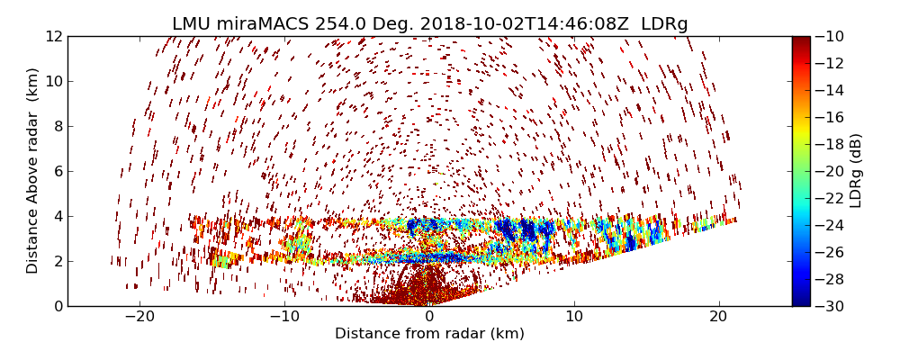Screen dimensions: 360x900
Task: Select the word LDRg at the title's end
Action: pyautogui.click(x=664, y=24)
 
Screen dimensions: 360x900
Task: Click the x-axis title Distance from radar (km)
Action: pyautogui.click(x=429, y=334)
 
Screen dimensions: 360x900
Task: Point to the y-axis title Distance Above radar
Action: pyautogui.click(x=33, y=170)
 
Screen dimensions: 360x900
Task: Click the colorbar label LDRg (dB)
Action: pyautogui.click(x=856, y=170)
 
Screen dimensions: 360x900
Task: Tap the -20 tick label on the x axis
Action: pyautogui.click(x=139, y=318)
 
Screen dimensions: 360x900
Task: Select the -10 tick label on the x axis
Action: pyautogui.click(x=284, y=318)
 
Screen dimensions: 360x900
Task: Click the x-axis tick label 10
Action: pyautogui.click(x=574, y=318)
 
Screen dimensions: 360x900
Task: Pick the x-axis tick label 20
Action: pyautogui.click(x=718, y=318)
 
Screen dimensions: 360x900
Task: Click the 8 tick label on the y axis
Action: pyautogui.click(x=56, y=126)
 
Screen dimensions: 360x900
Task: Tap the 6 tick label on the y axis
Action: pyautogui.click(x=56, y=171)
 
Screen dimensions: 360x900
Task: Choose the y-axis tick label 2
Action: pyautogui.click(x=56, y=261)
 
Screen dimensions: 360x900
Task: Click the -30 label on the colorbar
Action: pyautogui.click(x=830, y=306)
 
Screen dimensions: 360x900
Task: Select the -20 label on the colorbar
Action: pyautogui.click(x=830, y=171)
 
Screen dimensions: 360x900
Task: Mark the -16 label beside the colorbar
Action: pyautogui.click(x=830, y=117)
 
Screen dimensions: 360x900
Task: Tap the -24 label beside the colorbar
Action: pyautogui.click(x=830, y=225)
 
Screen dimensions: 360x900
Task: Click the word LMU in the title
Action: pyautogui.click(x=192, y=24)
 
